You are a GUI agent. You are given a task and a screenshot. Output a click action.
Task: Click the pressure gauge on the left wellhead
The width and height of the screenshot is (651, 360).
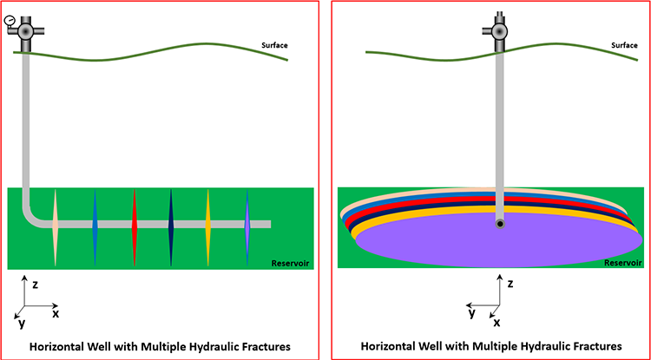(10, 19)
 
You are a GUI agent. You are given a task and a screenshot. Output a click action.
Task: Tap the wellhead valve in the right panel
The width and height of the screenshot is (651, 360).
(500, 30)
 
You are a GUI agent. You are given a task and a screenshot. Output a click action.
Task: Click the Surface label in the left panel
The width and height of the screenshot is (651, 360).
(274, 45)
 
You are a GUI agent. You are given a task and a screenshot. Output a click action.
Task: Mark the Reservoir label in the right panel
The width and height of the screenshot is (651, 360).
(621, 261)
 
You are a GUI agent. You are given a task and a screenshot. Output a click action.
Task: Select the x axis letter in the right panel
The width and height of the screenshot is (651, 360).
(496, 322)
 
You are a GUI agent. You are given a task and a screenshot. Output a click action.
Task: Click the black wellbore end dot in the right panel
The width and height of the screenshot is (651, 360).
(500, 224)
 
